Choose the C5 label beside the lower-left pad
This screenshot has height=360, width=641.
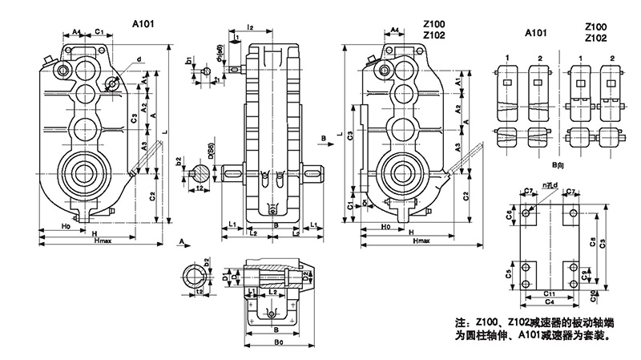click(510, 273)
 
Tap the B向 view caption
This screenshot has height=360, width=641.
click(550, 166)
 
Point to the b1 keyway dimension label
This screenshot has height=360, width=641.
click(188, 61)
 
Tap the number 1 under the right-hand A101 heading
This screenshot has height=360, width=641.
click(508, 59)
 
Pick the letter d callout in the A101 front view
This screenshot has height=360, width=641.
click(139, 59)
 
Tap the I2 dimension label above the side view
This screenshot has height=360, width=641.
click(251, 29)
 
